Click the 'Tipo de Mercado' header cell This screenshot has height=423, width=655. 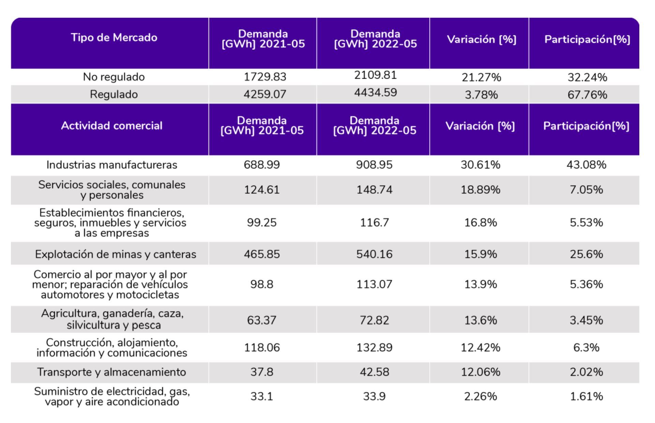(x=114, y=37)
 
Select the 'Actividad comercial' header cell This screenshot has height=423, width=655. (x=111, y=126)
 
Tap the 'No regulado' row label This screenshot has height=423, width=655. (x=114, y=77)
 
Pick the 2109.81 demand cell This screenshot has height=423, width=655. (x=375, y=75)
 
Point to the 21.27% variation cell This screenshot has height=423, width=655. (x=481, y=77)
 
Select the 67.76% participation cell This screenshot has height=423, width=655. (x=587, y=95)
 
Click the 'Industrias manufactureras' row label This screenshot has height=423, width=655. (x=111, y=165)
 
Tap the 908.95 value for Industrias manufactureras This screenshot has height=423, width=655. (x=374, y=165)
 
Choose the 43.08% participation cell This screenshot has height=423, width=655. (x=586, y=165)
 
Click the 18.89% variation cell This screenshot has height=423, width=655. (x=480, y=190)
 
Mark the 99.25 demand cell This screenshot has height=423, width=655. (x=262, y=223)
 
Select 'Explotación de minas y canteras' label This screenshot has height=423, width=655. (x=115, y=254)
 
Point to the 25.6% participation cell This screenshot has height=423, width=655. (x=586, y=254)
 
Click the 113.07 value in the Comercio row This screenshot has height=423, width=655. (x=374, y=284)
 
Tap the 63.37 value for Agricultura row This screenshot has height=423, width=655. (x=262, y=320)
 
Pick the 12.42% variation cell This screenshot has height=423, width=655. (x=480, y=348)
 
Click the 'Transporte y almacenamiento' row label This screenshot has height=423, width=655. (x=111, y=372)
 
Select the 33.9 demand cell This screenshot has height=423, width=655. (x=374, y=396)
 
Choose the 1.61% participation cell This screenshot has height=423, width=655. (x=586, y=396)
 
